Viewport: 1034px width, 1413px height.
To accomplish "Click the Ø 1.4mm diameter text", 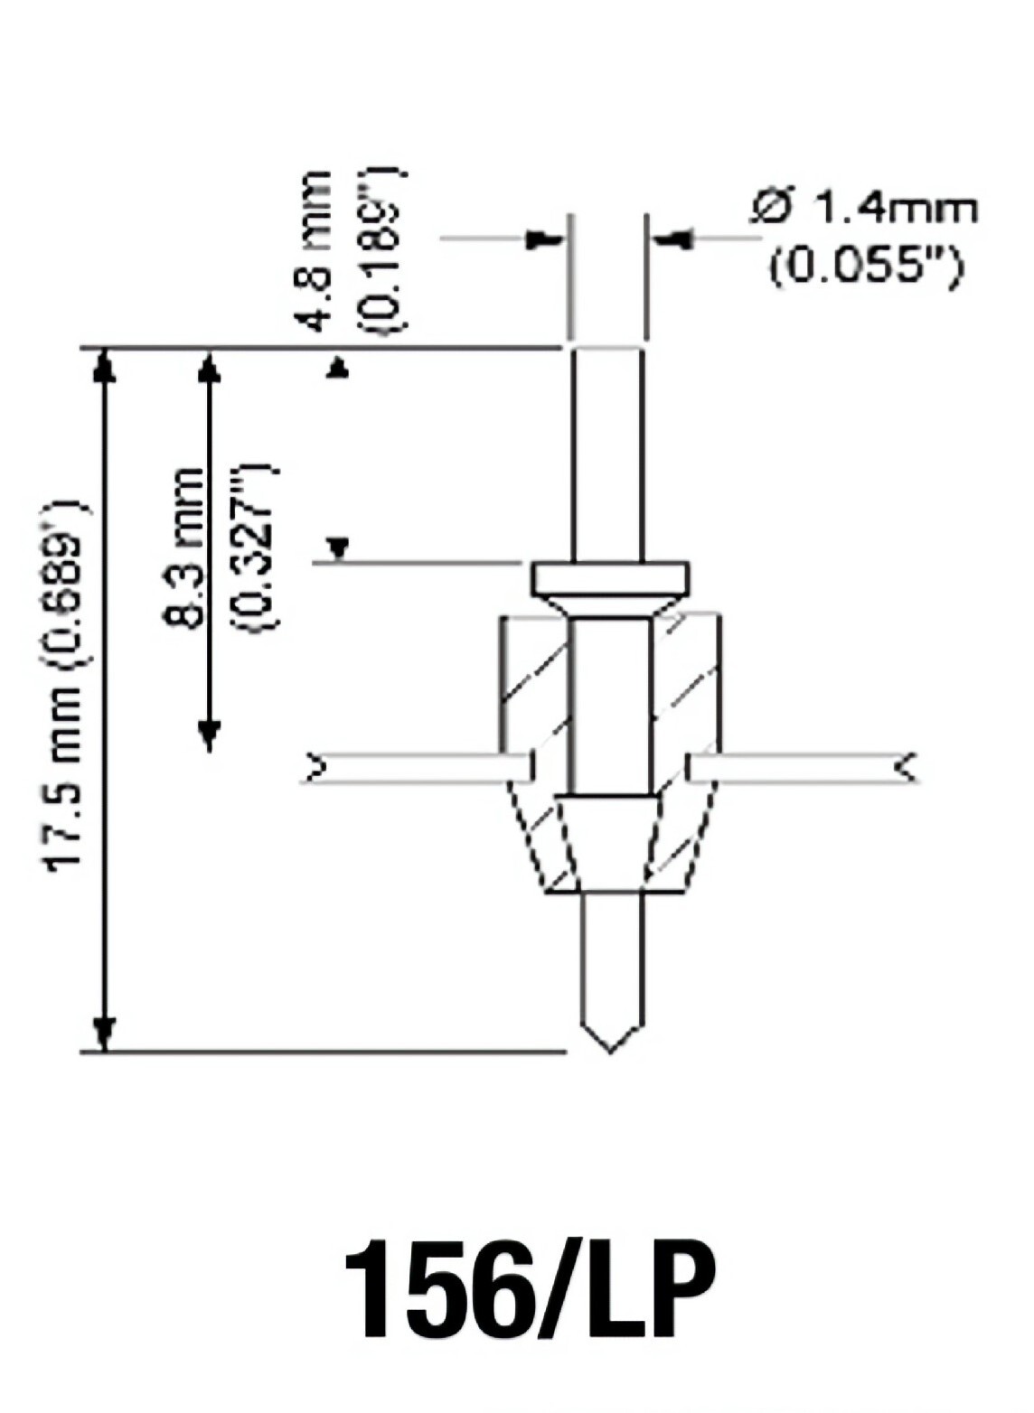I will (863, 210).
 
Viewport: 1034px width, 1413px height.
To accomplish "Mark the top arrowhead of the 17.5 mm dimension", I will (106, 367).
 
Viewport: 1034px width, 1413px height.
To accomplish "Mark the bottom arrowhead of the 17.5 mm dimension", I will (106, 1032).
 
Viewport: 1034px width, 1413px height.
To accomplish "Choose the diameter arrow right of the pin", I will (674, 240).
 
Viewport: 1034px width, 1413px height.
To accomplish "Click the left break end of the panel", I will (315, 768).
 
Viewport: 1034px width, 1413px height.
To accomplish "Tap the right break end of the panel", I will (906, 768).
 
